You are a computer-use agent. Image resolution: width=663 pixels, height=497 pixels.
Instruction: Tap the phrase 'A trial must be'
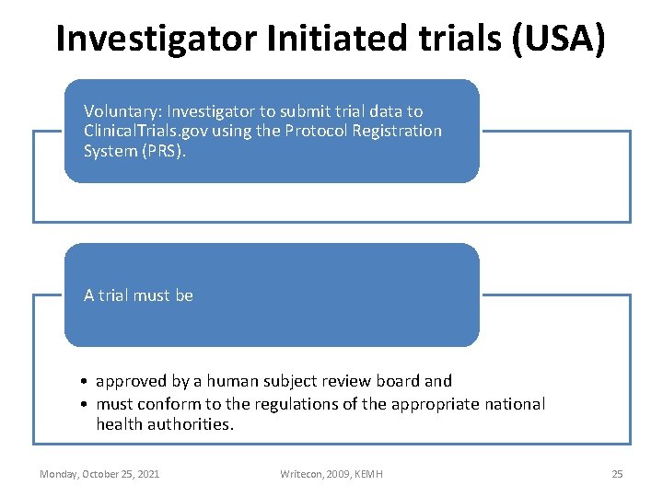point(138,295)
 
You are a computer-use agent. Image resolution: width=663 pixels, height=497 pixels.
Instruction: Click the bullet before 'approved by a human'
point(83,381)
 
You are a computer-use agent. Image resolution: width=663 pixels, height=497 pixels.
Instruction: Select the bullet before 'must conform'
point(83,404)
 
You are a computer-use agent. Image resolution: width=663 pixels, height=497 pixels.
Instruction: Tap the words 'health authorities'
point(165,424)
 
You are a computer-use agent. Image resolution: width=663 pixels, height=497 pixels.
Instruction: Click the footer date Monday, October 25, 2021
point(99,474)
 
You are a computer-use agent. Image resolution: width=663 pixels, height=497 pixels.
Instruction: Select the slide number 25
point(617,474)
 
